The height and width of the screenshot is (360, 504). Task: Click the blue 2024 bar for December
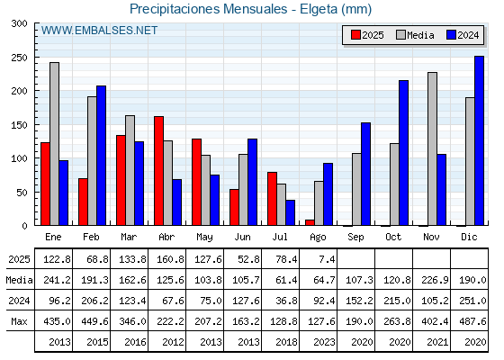479,140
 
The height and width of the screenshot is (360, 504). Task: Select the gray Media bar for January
54,144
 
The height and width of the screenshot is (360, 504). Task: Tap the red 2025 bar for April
158,171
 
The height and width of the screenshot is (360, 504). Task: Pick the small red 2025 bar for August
310,222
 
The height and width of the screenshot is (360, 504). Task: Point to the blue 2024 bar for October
403,153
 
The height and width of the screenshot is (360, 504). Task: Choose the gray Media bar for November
432,148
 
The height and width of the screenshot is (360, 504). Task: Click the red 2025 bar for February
83,202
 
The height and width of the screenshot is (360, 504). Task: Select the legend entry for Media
415,35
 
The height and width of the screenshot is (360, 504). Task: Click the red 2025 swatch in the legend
355,35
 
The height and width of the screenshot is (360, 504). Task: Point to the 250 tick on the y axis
36,58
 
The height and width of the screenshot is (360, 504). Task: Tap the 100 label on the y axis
19,158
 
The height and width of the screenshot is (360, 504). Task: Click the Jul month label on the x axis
280,237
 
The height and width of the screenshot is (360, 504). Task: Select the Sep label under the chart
355,238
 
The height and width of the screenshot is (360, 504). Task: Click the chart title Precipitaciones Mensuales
208,9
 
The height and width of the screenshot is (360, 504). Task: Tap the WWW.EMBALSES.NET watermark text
99,31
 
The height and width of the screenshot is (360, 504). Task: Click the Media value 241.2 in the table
57,280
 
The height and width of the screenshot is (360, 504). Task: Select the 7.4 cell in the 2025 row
327,259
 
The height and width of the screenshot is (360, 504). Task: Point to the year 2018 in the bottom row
286,342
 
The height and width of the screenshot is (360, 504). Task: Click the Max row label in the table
19,321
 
